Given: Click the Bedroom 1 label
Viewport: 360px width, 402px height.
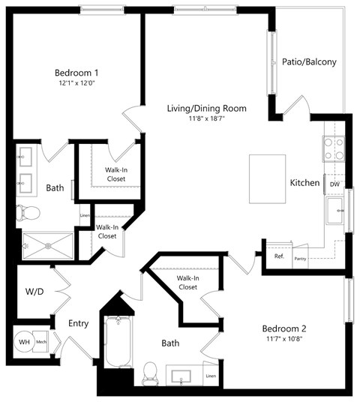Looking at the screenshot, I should (x=77, y=72).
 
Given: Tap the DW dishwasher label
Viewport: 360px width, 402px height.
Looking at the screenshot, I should (x=334, y=184).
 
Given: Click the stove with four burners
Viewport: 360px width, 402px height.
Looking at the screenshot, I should (x=334, y=148).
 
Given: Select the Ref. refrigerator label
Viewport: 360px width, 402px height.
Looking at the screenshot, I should (x=279, y=256).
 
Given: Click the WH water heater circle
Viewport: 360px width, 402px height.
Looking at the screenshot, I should (x=25, y=342).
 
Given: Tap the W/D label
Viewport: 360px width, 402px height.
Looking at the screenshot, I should (x=34, y=291).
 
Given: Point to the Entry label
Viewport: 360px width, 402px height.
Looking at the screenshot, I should (x=79, y=323).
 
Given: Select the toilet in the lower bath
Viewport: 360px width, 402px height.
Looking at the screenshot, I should (x=151, y=370).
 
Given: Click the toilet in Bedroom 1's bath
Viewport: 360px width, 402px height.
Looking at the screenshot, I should (x=28, y=212).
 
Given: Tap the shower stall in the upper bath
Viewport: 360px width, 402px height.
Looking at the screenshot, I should (x=46, y=244).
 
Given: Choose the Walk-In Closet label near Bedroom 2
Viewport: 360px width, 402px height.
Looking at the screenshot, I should (x=187, y=282).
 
